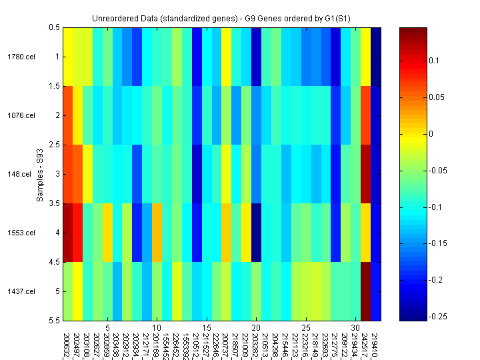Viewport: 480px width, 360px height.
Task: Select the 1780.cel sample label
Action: [x=22, y=57]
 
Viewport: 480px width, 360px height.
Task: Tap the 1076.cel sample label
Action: [x=22, y=115]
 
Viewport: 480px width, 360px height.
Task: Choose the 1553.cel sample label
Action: [x=22, y=233]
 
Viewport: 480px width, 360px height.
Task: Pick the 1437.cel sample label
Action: [x=22, y=291]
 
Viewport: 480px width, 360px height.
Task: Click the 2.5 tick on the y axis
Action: [x=55, y=145]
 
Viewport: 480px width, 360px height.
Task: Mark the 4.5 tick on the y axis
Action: [x=55, y=262]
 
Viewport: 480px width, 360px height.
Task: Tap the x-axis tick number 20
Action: [x=256, y=328]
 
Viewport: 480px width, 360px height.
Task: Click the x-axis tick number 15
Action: [x=207, y=328]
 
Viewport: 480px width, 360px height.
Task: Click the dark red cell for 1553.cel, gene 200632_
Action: [x=67, y=233]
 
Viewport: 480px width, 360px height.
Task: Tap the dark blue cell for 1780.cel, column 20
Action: [x=256, y=57]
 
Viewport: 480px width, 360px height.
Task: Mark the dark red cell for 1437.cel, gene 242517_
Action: [x=365, y=291]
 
